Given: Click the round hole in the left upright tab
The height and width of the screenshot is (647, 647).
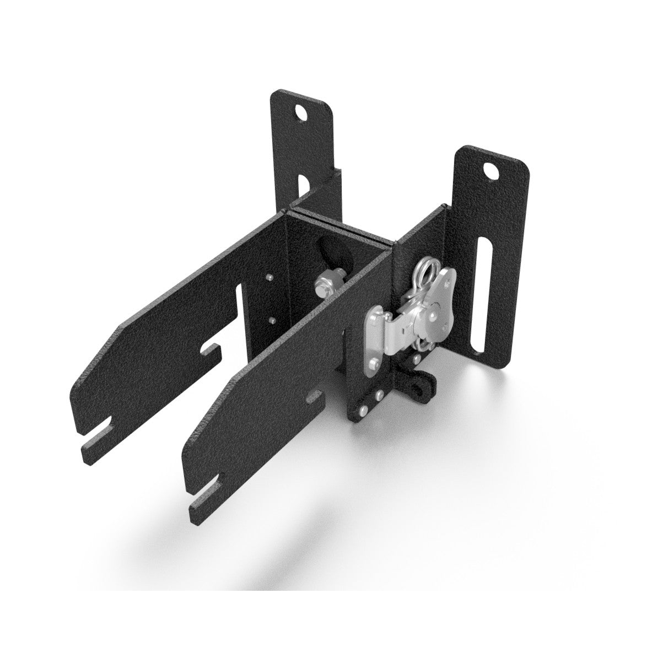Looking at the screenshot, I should pos(301,113).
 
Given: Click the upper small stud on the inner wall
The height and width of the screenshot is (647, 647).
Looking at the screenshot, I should pos(268,277).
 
